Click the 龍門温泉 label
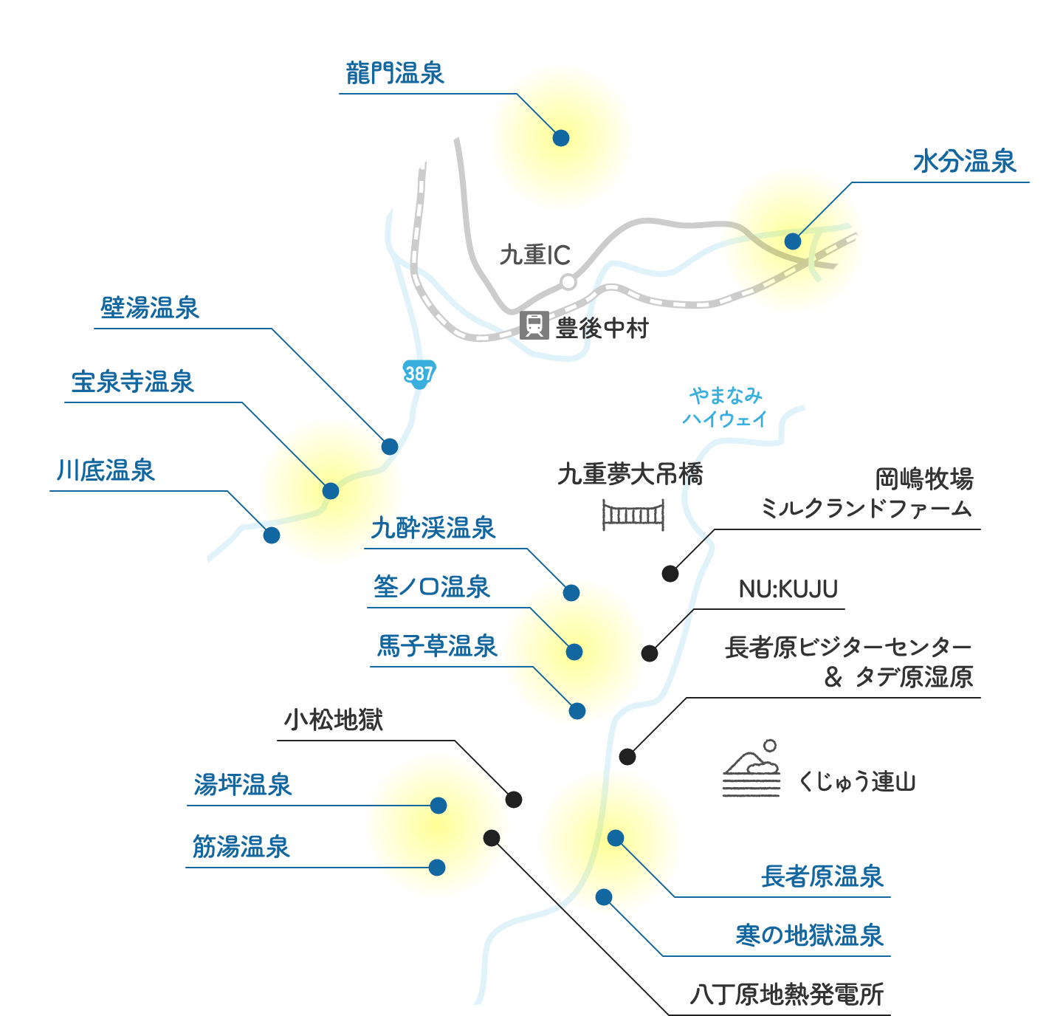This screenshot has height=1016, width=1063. [395, 73]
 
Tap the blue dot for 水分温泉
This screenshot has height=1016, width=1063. [793, 241]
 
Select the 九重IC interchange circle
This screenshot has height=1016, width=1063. [568, 282]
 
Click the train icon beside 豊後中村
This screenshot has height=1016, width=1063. [534, 325]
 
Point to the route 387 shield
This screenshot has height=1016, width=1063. [419, 373]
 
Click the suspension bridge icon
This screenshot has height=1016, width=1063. [633, 515]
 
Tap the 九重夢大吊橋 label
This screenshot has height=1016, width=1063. [630, 474]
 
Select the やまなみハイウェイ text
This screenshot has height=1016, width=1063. [725, 407]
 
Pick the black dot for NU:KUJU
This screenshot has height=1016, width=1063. [650, 653]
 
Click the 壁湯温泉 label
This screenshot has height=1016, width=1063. [150, 308]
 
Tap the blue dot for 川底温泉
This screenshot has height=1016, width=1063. [272, 535]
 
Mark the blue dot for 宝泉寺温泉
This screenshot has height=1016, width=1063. [331, 491]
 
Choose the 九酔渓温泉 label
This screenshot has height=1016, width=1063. [433, 528]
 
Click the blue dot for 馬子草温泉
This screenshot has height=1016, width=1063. [577, 710]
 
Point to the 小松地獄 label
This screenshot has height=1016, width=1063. [334, 719]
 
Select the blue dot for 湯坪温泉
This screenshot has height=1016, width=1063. [438, 805]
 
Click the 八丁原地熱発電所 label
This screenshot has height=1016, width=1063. [787, 995]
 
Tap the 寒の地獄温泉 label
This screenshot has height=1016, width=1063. [810, 936]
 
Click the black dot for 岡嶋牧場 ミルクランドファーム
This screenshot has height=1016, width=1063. [670, 573]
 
